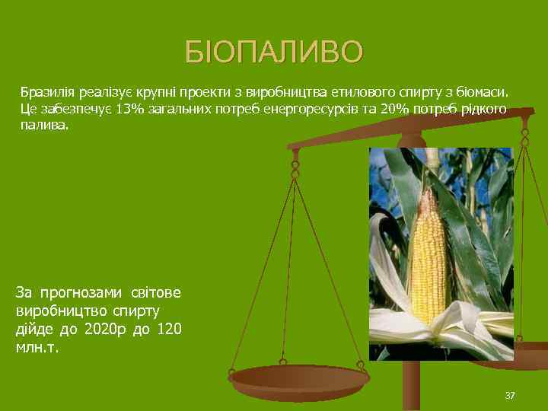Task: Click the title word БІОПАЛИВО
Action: (x=275, y=53)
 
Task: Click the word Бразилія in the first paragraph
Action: (x=45, y=92)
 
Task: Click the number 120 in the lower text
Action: (x=172, y=330)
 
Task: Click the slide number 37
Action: (x=510, y=395)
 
